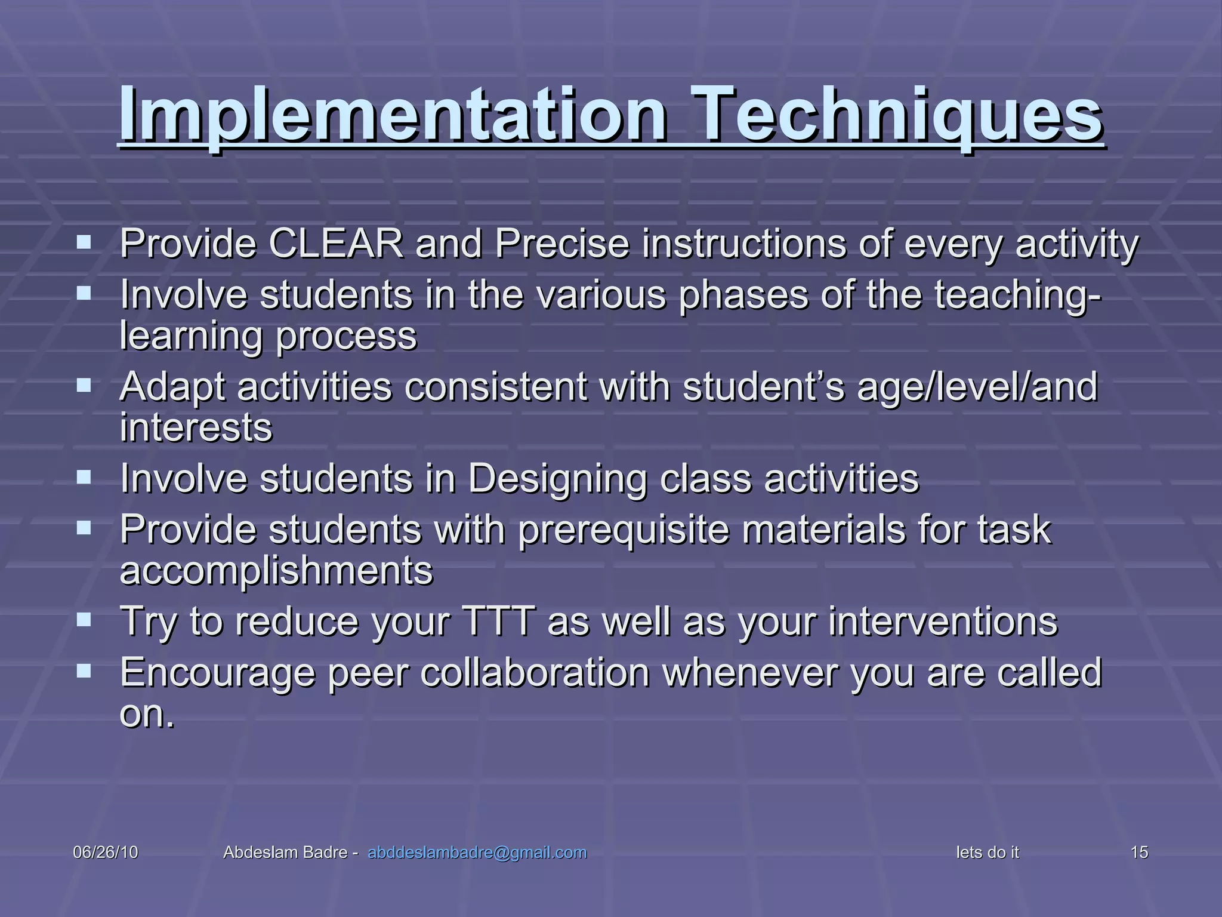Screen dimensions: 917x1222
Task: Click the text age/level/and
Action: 977,387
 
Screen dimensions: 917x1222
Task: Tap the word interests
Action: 196,427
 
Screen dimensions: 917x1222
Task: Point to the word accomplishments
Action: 276,571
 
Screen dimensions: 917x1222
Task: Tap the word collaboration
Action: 535,673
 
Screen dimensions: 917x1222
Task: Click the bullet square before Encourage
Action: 84,672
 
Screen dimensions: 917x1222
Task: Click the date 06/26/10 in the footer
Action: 105,853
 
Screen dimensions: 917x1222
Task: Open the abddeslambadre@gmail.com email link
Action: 477,853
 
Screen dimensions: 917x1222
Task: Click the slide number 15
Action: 1139,853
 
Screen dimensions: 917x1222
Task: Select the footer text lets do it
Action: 987,853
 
